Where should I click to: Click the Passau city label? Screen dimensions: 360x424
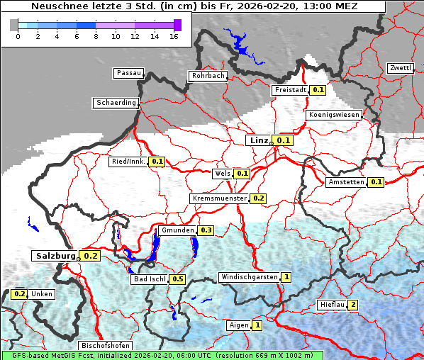pos(128,73)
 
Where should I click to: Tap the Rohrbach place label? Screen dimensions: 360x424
pos(207,76)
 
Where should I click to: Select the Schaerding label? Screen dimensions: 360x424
pos(116,103)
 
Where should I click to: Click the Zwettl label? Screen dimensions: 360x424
pos(400,68)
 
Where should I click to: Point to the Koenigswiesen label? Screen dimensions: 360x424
pos(334,114)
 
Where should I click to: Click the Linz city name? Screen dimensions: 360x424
pos(258,140)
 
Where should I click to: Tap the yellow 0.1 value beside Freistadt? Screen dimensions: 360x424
pos(318,90)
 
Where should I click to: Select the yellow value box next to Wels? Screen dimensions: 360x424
pos(242,173)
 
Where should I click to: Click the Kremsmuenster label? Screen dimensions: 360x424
pos(219,198)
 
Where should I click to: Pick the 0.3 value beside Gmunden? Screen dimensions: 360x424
pos(206,230)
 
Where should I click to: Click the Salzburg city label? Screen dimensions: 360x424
pos(54,255)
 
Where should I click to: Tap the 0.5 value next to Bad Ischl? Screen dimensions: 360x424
pos(177,279)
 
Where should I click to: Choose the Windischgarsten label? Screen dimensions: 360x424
pos(250,277)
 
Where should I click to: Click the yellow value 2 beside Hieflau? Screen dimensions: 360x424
pos(352,305)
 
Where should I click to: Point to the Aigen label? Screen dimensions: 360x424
pos(238,325)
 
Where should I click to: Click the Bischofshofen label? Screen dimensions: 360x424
pos(105,345)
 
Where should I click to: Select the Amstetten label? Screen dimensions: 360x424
pos(346,182)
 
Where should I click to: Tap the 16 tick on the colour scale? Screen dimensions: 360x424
pos(174,35)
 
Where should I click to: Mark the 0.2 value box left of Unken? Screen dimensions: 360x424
pos(19,294)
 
